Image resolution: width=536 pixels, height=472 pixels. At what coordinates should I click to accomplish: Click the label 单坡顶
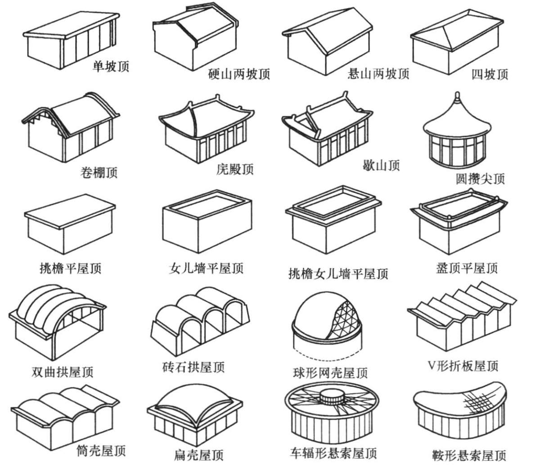coord(111,67)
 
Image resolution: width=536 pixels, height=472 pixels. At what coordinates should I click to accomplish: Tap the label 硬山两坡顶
coord(239,74)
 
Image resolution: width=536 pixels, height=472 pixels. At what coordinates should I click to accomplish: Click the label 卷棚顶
coord(99,172)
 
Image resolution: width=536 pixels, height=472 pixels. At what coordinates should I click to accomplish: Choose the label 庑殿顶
coord(234,169)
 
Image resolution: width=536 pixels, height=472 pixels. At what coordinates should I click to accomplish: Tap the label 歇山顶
coord(381,165)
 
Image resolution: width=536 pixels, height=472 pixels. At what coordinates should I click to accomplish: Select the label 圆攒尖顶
coord(480,179)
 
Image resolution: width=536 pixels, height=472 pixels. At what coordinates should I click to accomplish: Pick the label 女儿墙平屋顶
coord(206,269)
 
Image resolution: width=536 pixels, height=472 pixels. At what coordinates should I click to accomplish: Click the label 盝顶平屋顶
coord(467,269)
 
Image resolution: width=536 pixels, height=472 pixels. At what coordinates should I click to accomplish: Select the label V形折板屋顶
coord(463,366)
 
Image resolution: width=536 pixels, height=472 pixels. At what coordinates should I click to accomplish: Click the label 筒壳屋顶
coord(101,451)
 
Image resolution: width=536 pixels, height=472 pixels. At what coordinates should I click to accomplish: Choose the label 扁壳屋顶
coord(198,455)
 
